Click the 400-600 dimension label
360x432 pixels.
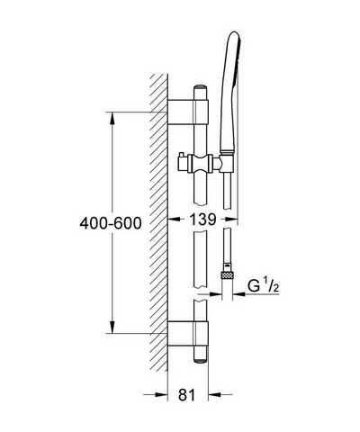tap(111, 223)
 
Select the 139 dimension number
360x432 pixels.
tap(202, 220)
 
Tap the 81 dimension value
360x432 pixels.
tap(186, 395)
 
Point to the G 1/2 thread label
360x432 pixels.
tap(264, 286)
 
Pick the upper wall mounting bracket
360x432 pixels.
tap(188, 112)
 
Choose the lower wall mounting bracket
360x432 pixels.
tap(188, 333)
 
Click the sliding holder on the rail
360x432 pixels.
tap(201, 164)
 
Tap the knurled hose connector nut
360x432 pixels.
tap(227, 274)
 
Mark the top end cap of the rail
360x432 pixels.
tap(201, 88)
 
